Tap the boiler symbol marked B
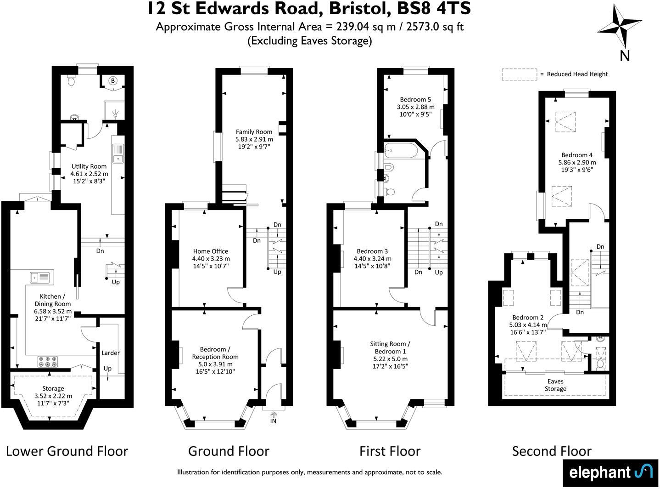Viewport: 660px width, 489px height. [112, 81]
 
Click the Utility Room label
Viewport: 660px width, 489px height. [89, 166]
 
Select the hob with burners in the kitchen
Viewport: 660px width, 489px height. [47, 362]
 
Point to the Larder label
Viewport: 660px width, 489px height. [110, 353]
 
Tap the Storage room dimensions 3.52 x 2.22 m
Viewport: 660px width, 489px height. [53, 396]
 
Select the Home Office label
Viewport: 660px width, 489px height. [211, 251]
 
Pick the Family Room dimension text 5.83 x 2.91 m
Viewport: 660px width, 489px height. [254, 139]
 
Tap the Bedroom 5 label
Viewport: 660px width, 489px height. [415, 99]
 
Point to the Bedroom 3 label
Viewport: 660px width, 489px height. [372, 251]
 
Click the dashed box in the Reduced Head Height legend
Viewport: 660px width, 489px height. [519, 74]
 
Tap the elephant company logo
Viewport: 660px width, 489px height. [611, 472]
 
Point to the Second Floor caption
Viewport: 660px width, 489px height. [552, 451]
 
